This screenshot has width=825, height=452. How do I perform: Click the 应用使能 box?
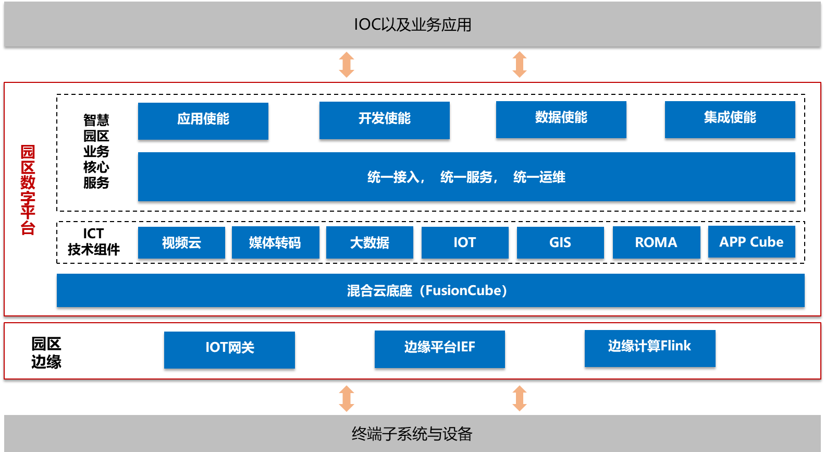click(203, 120)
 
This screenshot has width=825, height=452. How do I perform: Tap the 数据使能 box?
click(561, 119)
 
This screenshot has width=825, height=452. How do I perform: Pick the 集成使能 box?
click(730, 119)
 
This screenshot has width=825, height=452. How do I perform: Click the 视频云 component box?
click(181, 242)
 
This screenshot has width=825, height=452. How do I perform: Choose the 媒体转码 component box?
click(275, 242)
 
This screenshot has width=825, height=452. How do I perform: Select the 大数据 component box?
click(370, 242)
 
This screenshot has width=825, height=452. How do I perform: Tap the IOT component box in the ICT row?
click(465, 242)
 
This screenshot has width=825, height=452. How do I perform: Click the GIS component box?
click(560, 242)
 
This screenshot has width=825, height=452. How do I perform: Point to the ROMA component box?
click(656, 242)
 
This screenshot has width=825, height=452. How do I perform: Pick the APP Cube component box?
click(752, 242)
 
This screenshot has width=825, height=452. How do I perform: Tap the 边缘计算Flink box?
click(650, 348)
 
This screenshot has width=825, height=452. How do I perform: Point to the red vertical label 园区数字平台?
click(28, 190)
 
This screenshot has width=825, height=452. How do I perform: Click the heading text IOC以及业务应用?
click(412, 25)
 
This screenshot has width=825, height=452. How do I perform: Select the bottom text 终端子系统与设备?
click(412, 434)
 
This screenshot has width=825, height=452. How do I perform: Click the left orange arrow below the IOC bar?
click(347, 64)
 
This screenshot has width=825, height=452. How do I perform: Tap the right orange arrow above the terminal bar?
click(520, 398)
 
